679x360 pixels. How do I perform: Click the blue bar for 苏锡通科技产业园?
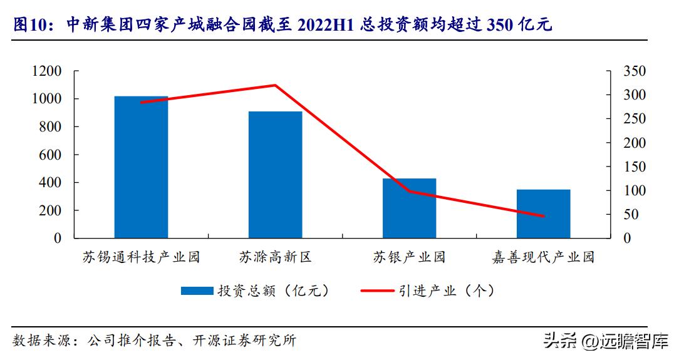point(141,167)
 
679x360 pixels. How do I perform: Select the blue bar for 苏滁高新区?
point(275,175)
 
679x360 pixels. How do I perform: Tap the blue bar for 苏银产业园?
point(409,208)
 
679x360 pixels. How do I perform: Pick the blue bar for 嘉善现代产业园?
point(543,213)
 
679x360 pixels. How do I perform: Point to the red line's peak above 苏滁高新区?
point(275,85)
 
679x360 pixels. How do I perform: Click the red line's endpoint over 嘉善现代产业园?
point(543,217)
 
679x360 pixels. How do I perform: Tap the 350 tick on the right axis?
point(635,71)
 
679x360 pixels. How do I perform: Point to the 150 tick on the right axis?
point(635,167)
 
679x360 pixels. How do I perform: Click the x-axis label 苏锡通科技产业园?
point(141,257)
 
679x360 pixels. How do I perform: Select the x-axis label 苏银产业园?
point(409,257)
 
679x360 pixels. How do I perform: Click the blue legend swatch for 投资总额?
point(197,291)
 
